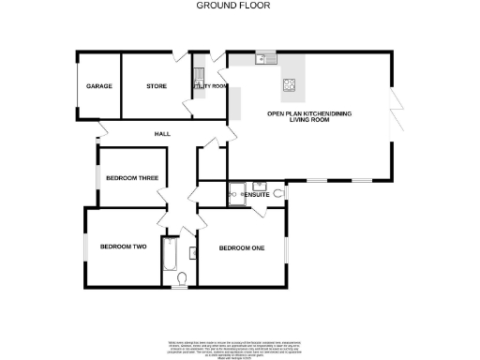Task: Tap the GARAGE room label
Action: coord(99,86)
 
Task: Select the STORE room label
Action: coord(156,86)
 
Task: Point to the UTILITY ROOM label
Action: coord(210,86)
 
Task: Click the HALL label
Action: coord(163,135)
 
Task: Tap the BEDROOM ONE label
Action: coord(241,247)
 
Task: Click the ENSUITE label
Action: coord(255,194)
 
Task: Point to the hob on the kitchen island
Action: coord(291,90)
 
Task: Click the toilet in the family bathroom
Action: coord(181,277)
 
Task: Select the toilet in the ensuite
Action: coord(278,193)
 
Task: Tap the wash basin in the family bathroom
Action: coord(192,251)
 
